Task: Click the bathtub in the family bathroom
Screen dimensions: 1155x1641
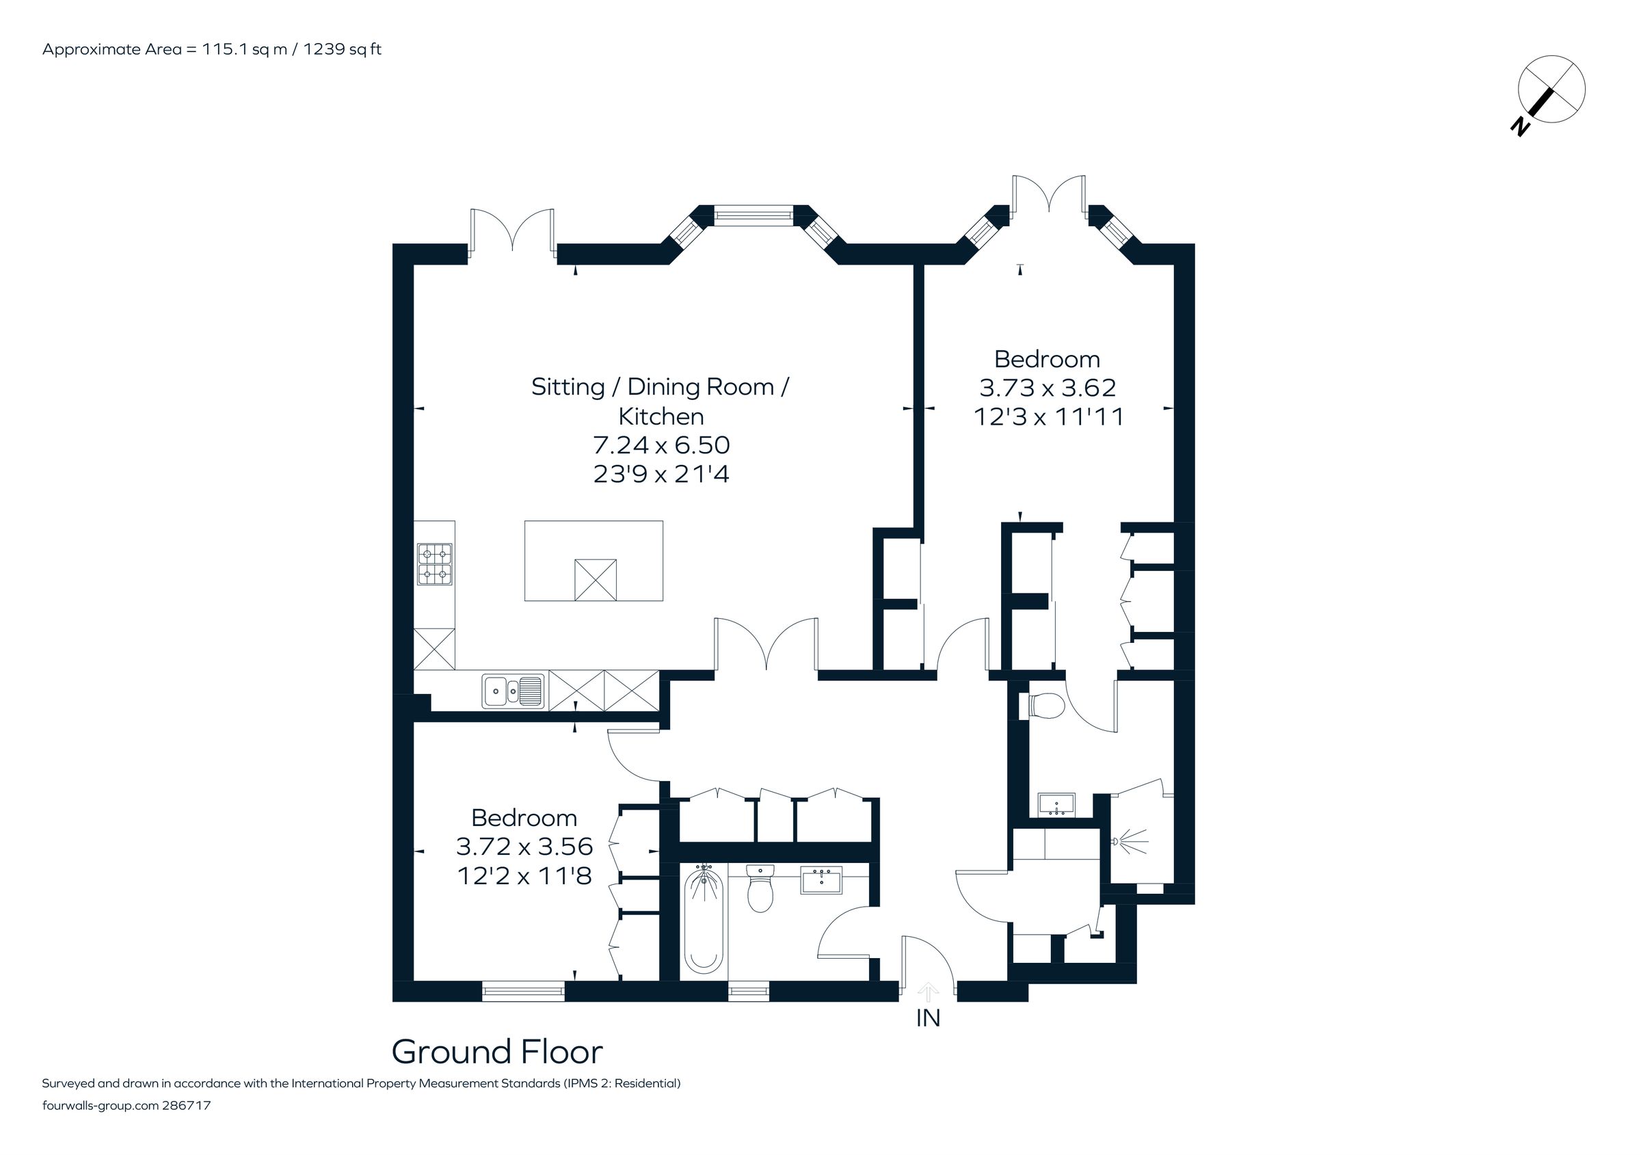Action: (704, 922)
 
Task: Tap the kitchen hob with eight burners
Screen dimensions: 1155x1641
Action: (435, 565)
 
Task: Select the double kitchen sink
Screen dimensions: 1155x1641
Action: (513, 691)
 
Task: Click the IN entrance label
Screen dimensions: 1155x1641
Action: (928, 1018)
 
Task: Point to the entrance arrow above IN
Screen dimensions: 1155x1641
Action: (928, 992)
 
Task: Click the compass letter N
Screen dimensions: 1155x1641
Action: (1519, 128)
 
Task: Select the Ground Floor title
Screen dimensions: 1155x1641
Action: (496, 1051)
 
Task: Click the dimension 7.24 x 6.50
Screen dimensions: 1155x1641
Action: (661, 445)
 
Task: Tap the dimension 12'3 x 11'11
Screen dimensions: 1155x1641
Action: (1048, 416)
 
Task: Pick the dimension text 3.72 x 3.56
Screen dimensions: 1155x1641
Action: (524, 846)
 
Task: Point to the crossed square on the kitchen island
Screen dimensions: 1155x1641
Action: (596, 580)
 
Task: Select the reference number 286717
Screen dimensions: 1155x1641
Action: (187, 1105)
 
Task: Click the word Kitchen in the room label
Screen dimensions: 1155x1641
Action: (661, 416)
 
